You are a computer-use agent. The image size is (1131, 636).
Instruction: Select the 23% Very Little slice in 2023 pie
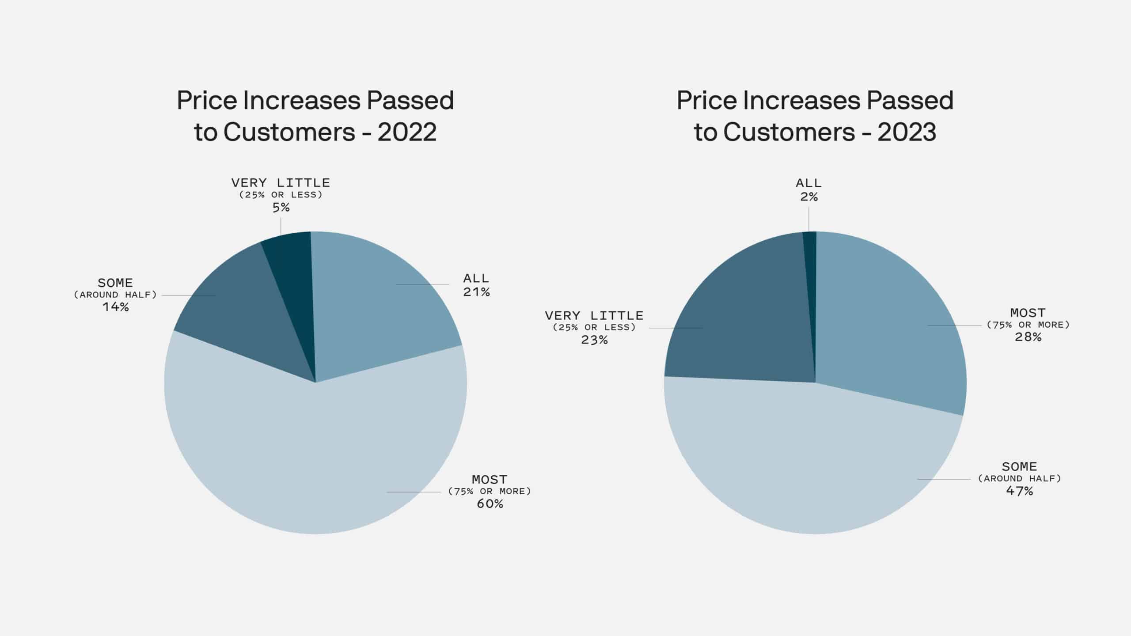[x=742, y=322]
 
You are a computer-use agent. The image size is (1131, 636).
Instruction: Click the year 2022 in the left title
[x=407, y=132]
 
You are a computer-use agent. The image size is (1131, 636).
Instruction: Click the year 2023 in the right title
[x=907, y=132]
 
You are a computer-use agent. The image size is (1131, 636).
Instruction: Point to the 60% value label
[x=490, y=504]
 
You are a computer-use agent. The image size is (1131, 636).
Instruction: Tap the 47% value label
[x=1019, y=491]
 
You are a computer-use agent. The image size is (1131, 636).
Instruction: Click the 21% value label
[x=476, y=292]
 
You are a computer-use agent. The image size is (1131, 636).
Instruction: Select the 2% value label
[x=808, y=197]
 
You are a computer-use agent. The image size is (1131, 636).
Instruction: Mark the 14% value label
[x=115, y=307]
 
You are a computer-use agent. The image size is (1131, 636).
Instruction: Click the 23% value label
[x=594, y=340]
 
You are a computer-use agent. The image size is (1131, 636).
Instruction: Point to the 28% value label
[x=1028, y=337]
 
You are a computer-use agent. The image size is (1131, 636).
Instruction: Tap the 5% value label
[x=281, y=208]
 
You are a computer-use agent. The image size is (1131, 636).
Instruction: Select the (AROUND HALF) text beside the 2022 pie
[x=115, y=295]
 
